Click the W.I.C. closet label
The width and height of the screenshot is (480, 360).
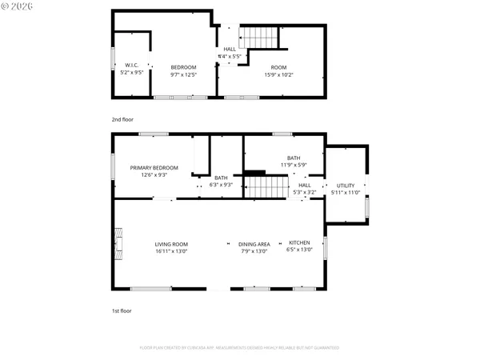click(132, 65)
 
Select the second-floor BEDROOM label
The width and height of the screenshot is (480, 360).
click(184, 67)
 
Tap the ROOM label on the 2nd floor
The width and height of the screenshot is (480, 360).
click(278, 67)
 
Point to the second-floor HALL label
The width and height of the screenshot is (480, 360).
click(230, 50)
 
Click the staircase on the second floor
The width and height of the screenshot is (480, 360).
click(259, 37)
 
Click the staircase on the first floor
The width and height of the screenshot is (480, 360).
click(266, 187)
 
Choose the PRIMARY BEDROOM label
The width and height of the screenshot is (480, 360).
click(154, 168)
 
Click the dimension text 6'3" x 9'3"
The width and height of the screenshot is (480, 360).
click(221, 185)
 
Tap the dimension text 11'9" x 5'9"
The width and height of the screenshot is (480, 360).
click(294, 165)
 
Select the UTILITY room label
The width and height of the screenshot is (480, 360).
click(345, 186)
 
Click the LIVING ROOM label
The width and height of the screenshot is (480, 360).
click(171, 244)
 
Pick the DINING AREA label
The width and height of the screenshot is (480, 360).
click(254, 244)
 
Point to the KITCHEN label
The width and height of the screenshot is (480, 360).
click(299, 243)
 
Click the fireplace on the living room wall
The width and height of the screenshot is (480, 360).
click(119, 244)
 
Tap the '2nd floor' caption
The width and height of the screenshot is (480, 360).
click(122, 118)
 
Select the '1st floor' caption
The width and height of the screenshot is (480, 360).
click(122, 310)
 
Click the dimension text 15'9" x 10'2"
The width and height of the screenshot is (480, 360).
click(278, 74)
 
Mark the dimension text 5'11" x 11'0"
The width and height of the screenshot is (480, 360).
click(345, 193)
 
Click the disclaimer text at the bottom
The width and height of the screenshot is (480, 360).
click(239, 348)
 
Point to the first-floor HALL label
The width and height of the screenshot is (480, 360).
click(304, 185)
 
